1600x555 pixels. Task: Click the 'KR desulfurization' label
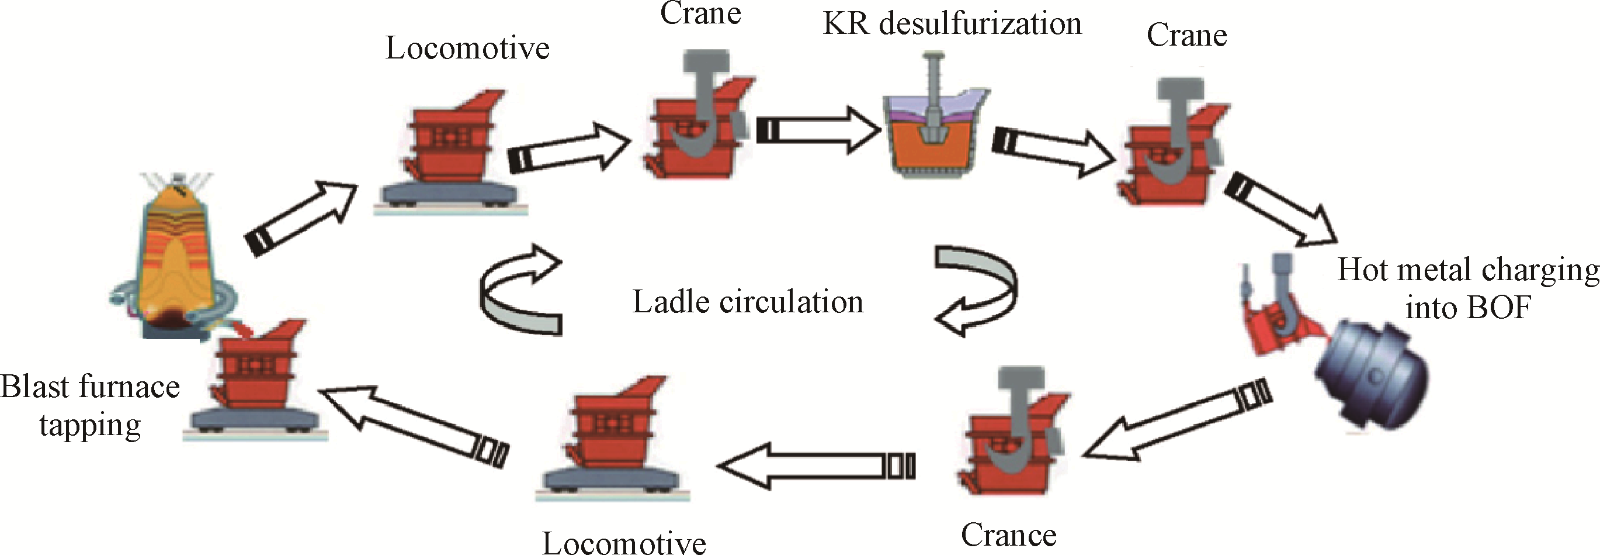(x=952, y=23)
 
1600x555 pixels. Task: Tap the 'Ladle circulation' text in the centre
(x=748, y=302)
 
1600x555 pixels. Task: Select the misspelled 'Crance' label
(x=1009, y=535)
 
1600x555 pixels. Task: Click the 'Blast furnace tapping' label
(x=90, y=405)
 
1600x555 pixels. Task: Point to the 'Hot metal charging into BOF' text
(x=1469, y=288)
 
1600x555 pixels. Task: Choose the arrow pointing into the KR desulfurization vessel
(x=818, y=130)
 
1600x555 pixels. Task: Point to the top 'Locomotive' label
(x=468, y=49)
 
